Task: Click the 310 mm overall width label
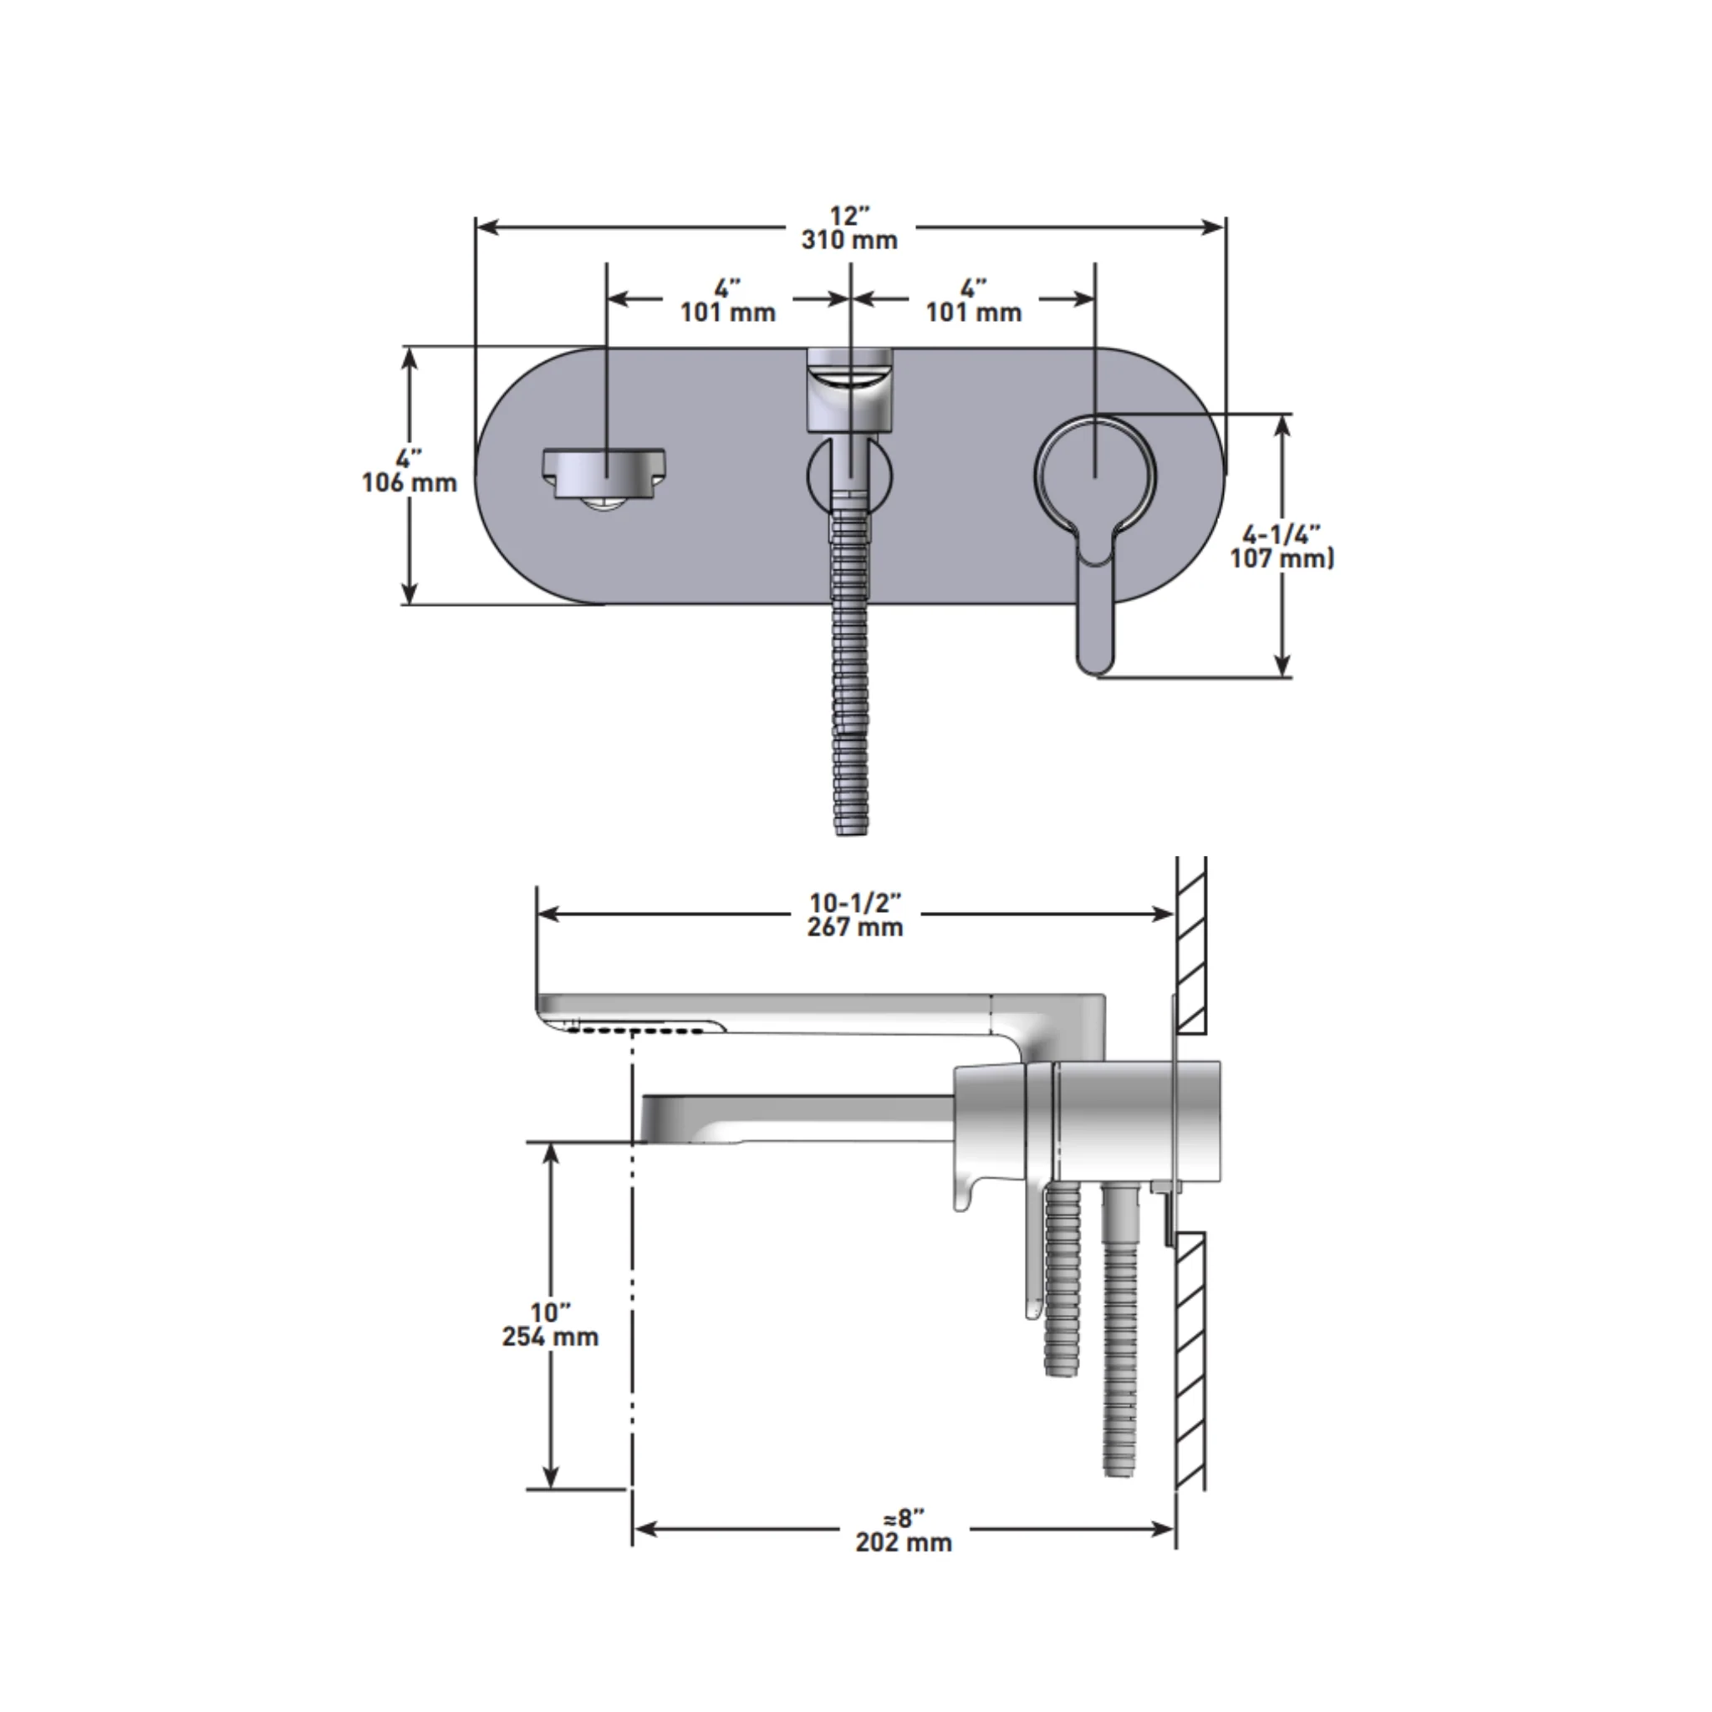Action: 849,240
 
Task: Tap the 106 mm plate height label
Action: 410,483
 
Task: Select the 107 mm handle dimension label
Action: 1281,558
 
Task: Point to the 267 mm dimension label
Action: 855,928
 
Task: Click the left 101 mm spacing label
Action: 727,313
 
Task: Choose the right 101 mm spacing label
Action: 974,313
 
